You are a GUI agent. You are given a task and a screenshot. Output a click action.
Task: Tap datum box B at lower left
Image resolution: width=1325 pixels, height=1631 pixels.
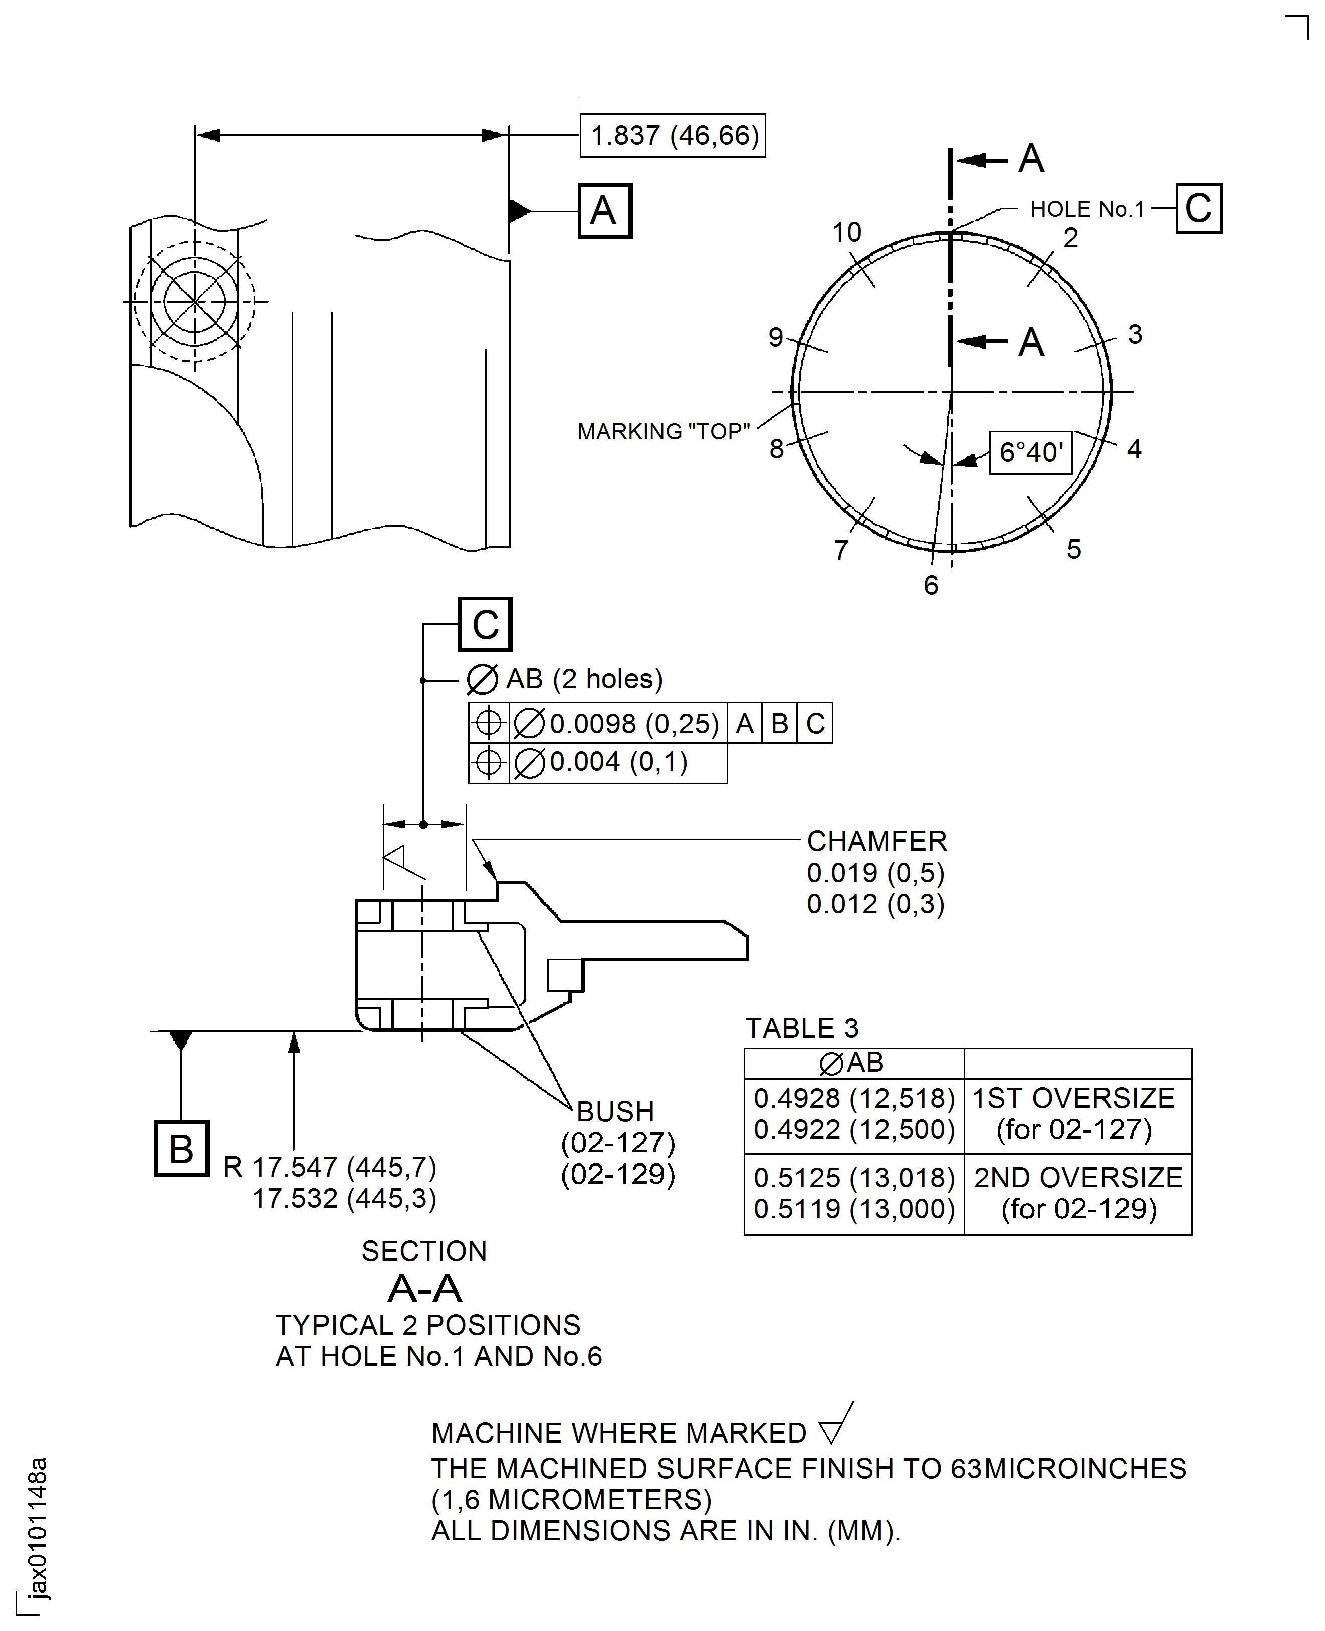point(181,1148)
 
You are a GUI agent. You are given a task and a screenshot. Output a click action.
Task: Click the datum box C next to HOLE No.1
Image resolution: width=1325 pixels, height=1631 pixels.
point(1198,208)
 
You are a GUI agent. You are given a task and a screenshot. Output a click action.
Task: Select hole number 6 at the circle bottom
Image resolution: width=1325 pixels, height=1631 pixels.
point(931,585)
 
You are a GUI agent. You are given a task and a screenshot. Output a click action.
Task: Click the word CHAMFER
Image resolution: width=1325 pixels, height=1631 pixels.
point(876,841)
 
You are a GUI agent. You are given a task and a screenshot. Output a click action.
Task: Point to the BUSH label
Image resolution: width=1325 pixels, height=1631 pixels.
point(615,1111)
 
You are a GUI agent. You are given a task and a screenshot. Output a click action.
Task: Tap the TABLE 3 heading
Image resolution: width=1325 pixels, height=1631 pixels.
point(801,1028)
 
